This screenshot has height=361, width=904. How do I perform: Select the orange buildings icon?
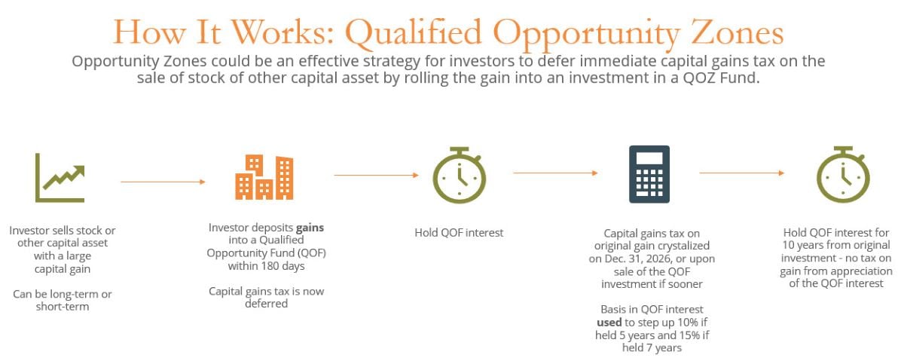pyautogui.click(x=263, y=178)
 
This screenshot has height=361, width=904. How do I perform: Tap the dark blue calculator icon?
pyautogui.click(x=649, y=174)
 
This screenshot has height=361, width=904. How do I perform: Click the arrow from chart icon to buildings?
pyautogui.click(x=163, y=182)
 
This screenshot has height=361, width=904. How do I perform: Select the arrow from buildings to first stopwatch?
pyautogui.click(x=376, y=175)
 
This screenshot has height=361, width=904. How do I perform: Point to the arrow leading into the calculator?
pyautogui.click(x=555, y=173)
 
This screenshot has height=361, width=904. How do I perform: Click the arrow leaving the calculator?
pyautogui.click(x=741, y=173)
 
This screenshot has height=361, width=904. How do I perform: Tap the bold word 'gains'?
pyautogui.click(x=310, y=226)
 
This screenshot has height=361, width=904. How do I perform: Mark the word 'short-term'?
pyautogui.click(x=63, y=307)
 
